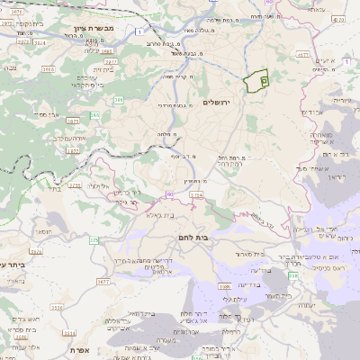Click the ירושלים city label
click(x=217, y=103)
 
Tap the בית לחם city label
click(x=187, y=235)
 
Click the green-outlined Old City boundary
click(x=257, y=81)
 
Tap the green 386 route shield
click(x=119, y=100)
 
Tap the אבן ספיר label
click(x=43, y=115)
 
